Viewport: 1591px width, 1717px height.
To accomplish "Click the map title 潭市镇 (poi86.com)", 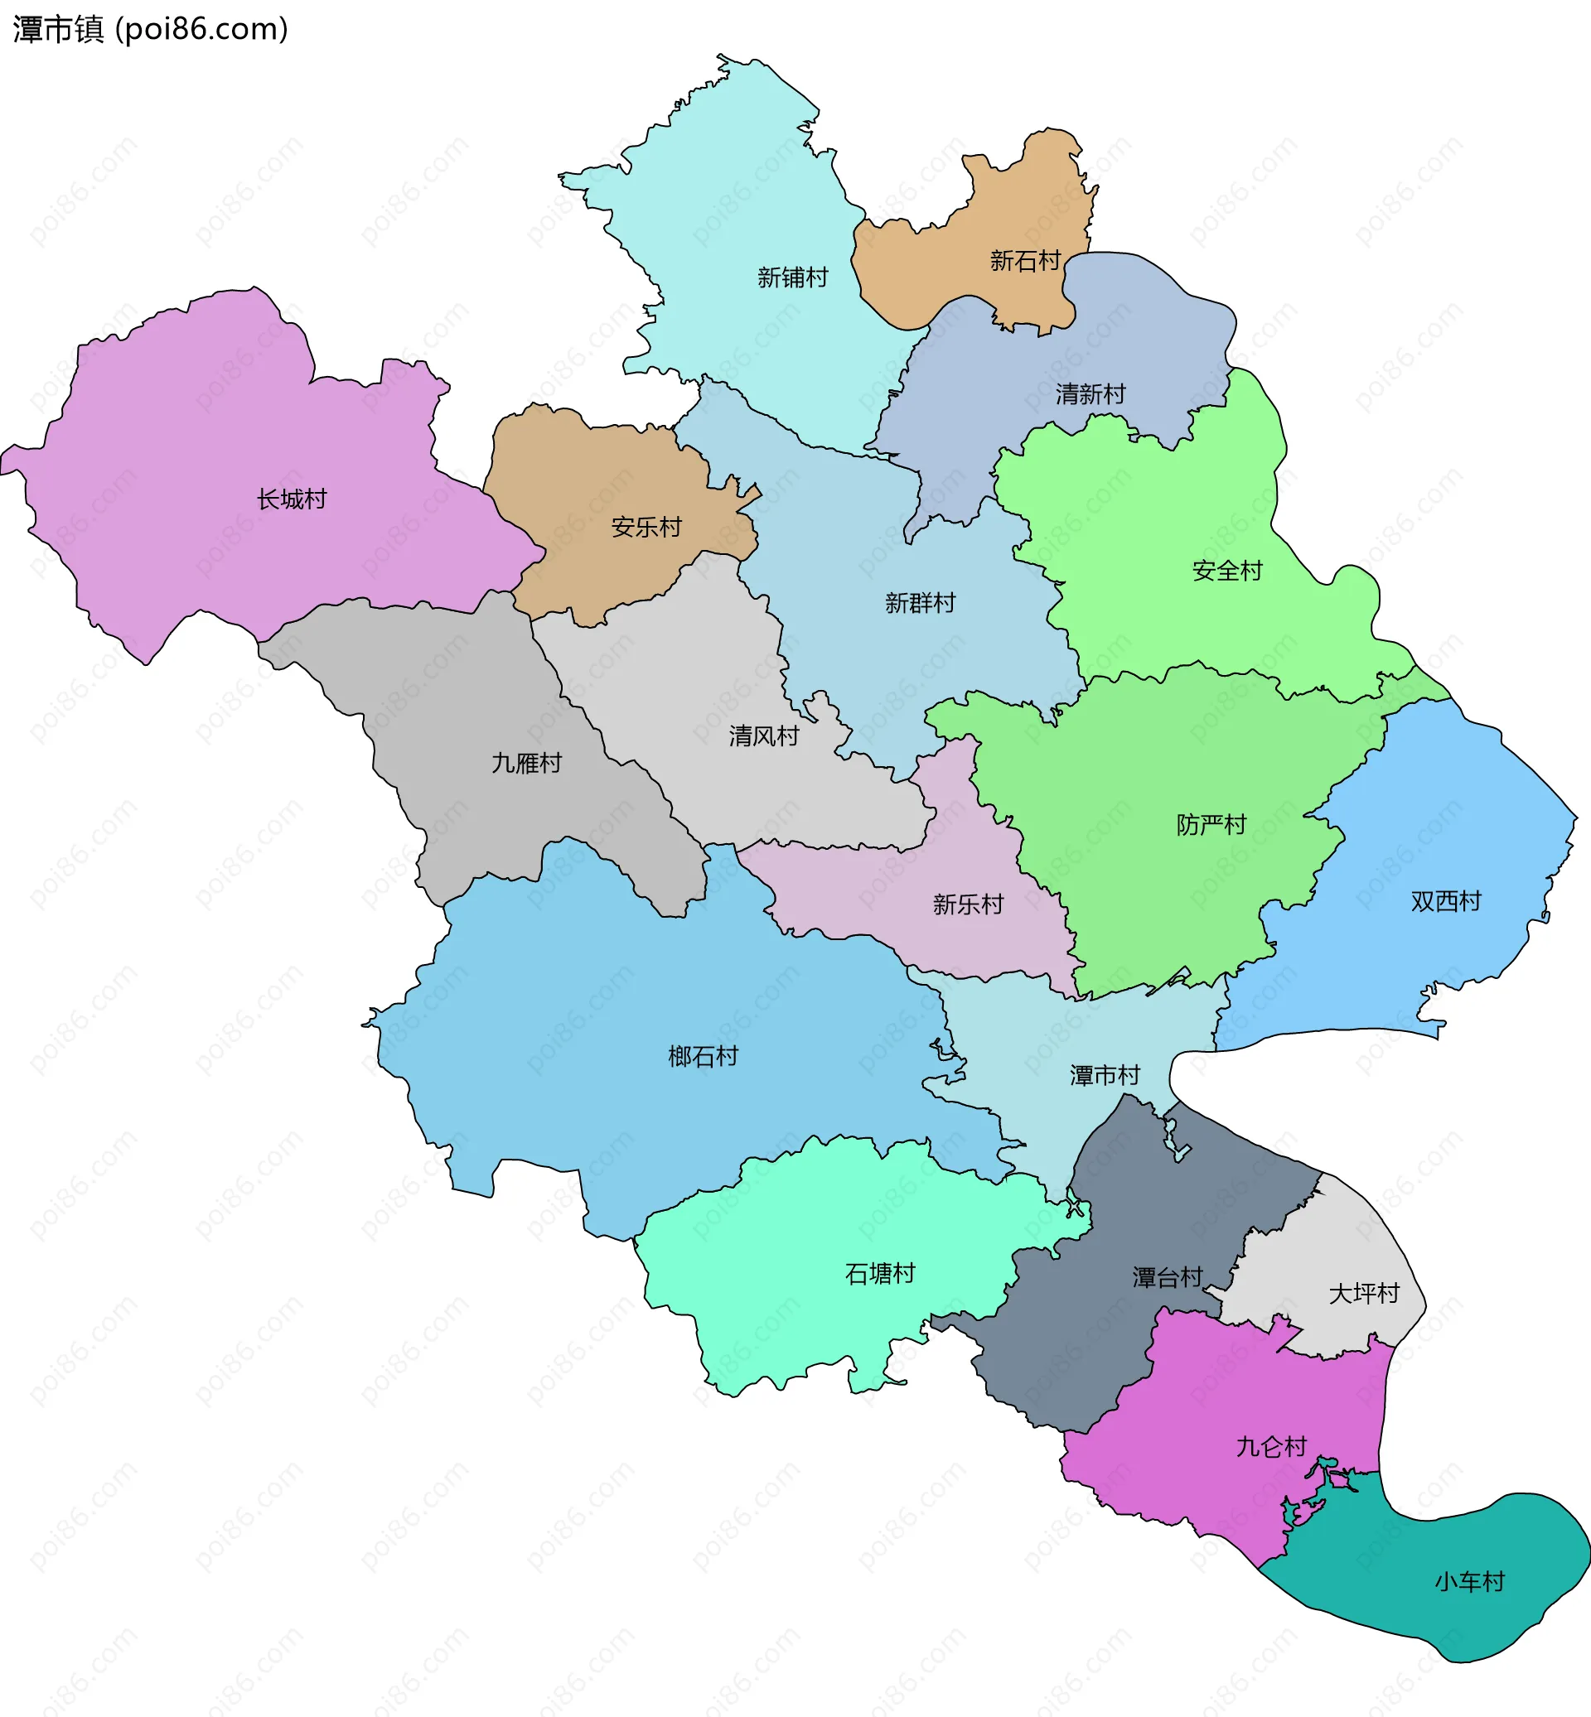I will point(151,29).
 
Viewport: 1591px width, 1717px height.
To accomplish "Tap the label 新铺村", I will point(792,277).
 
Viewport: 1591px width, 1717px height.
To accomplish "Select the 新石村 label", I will point(1024,260).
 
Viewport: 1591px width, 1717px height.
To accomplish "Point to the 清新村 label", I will point(1090,394).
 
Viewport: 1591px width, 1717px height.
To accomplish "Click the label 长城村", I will point(292,499).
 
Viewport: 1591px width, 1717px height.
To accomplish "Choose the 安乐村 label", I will point(646,527).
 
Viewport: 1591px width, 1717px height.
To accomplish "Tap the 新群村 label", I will point(921,602).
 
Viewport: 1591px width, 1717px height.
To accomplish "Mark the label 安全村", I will point(1227,571).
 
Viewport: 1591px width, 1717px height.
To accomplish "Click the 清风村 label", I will point(764,736).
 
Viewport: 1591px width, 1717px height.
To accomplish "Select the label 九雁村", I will point(526,763).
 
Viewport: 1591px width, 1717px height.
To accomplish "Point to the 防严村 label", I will point(1211,824).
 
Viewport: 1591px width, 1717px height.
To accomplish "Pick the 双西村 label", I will point(1445,901).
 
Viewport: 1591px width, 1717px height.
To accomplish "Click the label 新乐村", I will point(968,904).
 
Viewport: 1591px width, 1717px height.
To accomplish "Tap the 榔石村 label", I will point(704,1056).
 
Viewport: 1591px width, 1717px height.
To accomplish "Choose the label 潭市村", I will point(1105,1075).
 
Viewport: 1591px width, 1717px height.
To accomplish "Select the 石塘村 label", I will point(880,1274).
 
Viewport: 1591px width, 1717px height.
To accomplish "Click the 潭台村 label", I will point(1167,1277).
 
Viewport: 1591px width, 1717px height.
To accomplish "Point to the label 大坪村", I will point(1364,1294).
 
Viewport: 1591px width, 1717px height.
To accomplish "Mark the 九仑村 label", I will point(1271,1447).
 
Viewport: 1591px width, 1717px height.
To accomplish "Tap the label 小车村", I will point(1468,1582).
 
